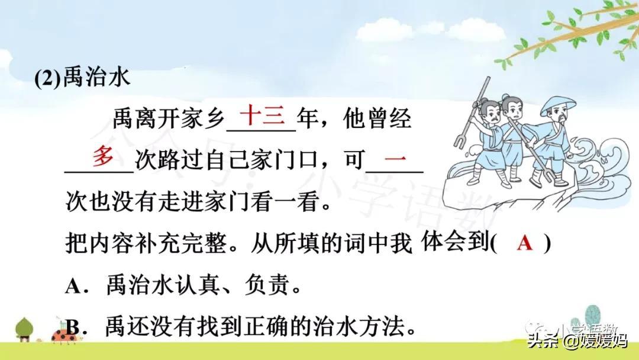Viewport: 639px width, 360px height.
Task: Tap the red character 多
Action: click(103, 156)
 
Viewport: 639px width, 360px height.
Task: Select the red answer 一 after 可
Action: click(395, 157)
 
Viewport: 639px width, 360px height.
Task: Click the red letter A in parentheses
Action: click(524, 243)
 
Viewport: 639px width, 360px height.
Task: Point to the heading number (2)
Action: click(48, 78)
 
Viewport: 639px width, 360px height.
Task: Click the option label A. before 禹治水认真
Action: click(76, 285)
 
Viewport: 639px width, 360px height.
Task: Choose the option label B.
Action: click(76, 327)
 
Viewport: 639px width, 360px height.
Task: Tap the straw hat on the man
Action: click(558, 105)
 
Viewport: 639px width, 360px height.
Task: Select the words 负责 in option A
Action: click(267, 285)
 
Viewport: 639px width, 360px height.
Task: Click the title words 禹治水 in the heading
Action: click(97, 76)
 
